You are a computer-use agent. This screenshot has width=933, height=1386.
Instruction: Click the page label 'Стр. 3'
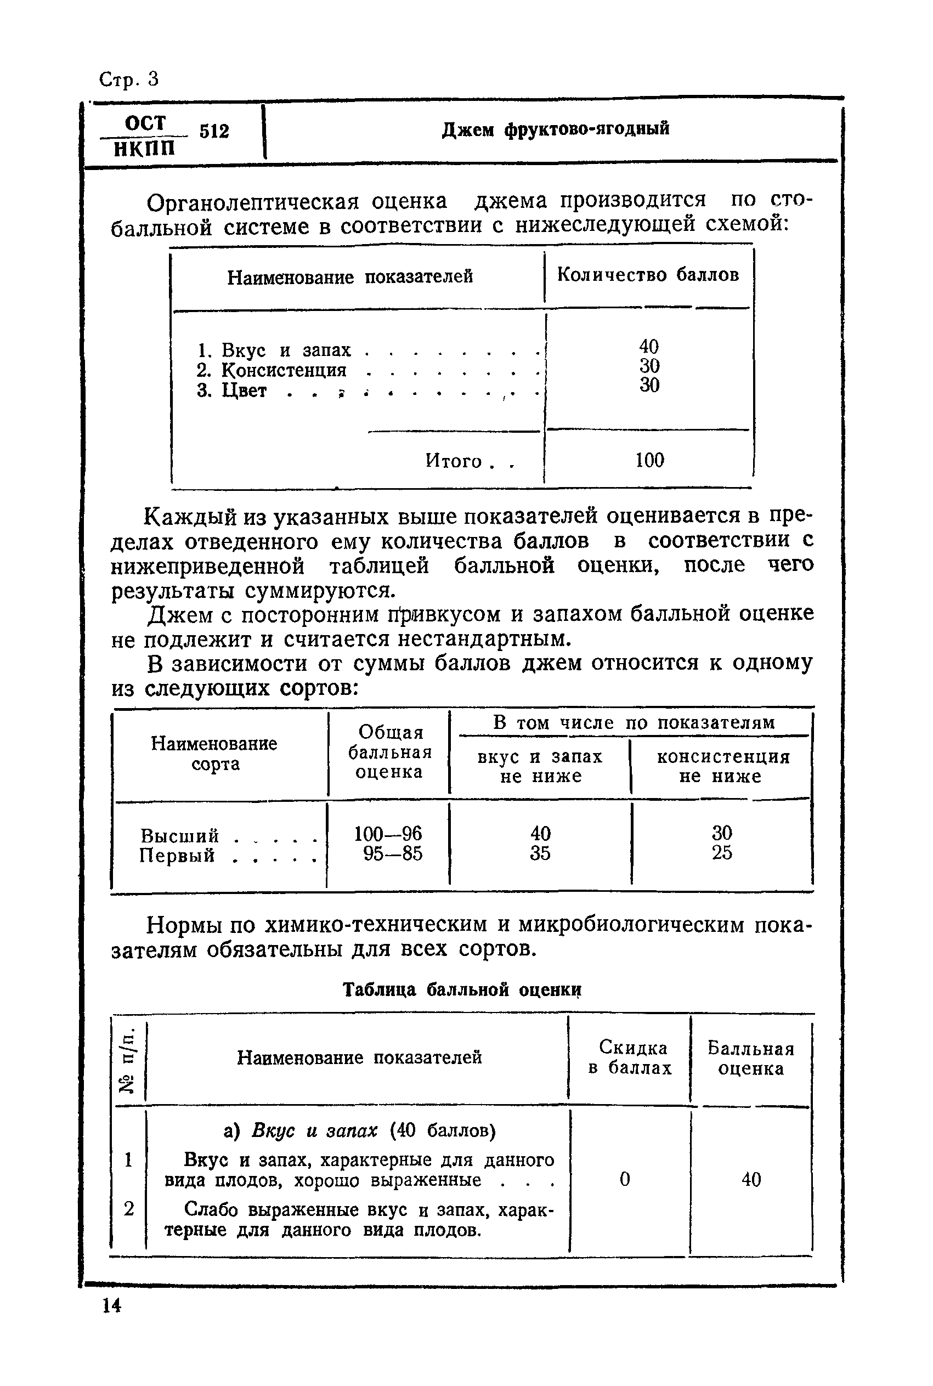pos(128,79)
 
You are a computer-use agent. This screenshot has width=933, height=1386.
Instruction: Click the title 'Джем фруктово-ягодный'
pos(555,129)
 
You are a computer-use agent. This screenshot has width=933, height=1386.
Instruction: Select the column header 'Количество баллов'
pos(648,275)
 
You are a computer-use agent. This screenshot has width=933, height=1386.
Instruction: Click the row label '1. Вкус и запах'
pos(274,350)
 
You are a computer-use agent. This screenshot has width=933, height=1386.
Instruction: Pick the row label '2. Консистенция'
pos(272,370)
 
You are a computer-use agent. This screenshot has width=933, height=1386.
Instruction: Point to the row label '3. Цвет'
pos(232,391)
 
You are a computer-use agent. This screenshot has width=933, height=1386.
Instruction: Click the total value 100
pos(649,460)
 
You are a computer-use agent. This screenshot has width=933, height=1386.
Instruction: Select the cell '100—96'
pos(388,833)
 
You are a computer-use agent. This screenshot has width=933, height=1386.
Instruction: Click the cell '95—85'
pos(393,853)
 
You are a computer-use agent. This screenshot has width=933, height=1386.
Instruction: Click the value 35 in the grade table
pos(540,853)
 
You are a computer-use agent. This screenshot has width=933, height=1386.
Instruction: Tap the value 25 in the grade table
pos(722,853)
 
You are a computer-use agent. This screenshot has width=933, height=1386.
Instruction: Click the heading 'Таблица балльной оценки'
pos(462,989)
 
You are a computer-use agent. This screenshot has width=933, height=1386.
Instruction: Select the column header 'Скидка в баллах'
pos(630,1057)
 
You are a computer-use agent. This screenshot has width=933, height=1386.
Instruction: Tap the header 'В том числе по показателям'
pos(634,722)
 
